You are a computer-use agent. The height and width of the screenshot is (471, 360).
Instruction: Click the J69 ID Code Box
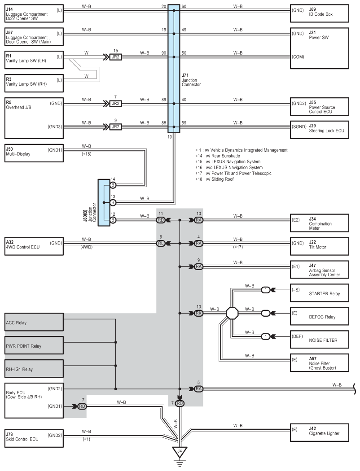tap(320, 13)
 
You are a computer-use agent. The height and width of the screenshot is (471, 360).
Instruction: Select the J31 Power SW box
tap(320, 48)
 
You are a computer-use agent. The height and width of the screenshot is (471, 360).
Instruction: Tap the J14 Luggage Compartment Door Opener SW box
tap(34, 13)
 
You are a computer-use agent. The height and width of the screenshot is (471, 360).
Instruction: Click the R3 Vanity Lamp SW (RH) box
tap(34, 83)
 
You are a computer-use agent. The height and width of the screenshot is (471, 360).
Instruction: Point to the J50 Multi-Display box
tap(34, 153)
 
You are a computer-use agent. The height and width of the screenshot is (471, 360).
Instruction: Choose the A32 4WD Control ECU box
tap(34, 246)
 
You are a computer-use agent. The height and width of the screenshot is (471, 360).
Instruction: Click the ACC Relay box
tap(34, 322)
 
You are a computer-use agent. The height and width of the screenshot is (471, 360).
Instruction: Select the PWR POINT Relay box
tap(34, 345)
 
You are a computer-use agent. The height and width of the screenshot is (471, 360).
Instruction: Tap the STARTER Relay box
tap(320, 293)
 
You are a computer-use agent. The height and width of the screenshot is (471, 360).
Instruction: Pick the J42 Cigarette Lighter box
tap(320, 432)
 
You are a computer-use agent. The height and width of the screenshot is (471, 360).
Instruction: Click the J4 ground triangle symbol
tap(180, 452)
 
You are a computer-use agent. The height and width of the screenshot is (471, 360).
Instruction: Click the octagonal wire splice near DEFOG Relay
tap(232, 313)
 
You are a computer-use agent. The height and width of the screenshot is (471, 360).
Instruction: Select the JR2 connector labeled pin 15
tap(115, 57)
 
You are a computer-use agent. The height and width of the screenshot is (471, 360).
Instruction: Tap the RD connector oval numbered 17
tap(82, 406)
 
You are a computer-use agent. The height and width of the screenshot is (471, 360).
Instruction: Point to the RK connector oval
tap(198, 313)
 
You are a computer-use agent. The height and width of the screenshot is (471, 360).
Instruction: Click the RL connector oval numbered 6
tap(161, 243)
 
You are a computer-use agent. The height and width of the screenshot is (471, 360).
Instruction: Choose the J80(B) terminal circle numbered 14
tap(113, 185)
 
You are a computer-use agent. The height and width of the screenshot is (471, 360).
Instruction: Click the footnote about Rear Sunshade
tap(218, 156)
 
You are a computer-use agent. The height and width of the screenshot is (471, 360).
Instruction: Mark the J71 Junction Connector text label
tap(191, 80)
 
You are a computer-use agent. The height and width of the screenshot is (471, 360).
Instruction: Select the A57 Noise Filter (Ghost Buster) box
tap(320, 362)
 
